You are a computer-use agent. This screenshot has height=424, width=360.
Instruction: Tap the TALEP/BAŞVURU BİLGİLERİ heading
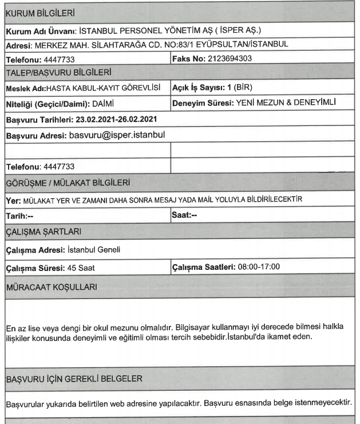57,72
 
